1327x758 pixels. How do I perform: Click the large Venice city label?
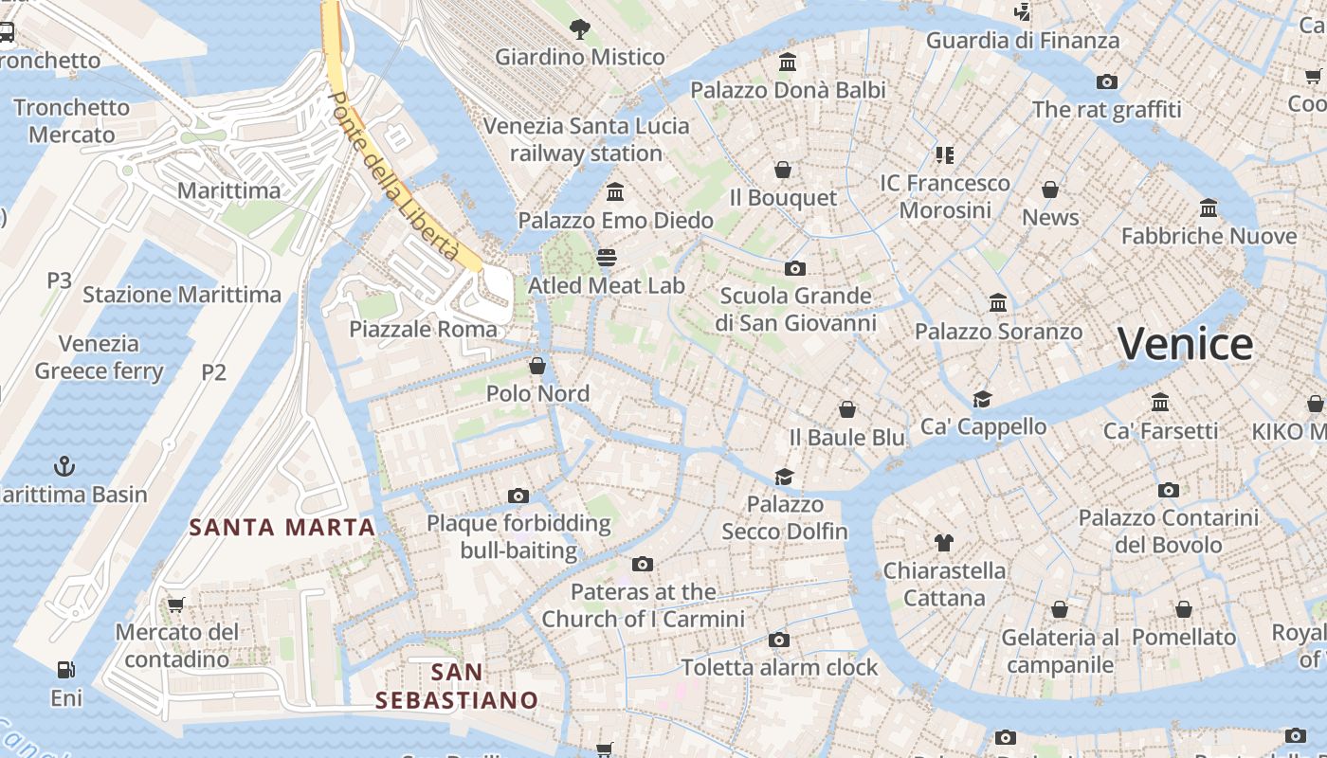pyautogui.click(x=1185, y=344)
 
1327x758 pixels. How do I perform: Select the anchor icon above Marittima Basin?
pyautogui.click(x=64, y=465)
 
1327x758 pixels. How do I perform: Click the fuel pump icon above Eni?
pyautogui.click(x=65, y=670)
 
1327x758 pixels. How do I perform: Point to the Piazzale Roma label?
pyautogui.click(x=423, y=330)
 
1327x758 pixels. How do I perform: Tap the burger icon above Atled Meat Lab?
pyautogui.click(x=607, y=258)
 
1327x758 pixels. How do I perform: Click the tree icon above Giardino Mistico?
pyautogui.click(x=580, y=29)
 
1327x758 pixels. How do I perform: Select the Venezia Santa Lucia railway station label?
pyautogui.click(x=587, y=139)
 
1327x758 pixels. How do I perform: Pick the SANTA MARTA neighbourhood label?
pyautogui.click(x=282, y=528)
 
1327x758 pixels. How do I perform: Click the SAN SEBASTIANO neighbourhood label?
pyautogui.click(x=457, y=687)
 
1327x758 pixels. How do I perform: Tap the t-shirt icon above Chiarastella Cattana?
pyautogui.click(x=944, y=543)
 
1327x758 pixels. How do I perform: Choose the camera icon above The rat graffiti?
pyautogui.click(x=1106, y=82)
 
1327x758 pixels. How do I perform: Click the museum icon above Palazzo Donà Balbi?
pyautogui.click(x=788, y=63)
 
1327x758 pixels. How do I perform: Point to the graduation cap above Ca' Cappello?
pyautogui.click(x=982, y=400)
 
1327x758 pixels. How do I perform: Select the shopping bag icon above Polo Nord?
pyautogui.click(x=537, y=366)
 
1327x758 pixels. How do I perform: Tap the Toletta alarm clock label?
pyautogui.click(x=779, y=668)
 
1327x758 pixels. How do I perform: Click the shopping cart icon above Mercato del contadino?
pyautogui.click(x=175, y=605)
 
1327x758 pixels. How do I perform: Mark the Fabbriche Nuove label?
pyautogui.click(x=1209, y=236)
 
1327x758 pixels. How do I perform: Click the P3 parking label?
pyautogui.click(x=60, y=280)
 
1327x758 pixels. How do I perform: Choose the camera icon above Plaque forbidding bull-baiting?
pyautogui.click(x=518, y=496)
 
